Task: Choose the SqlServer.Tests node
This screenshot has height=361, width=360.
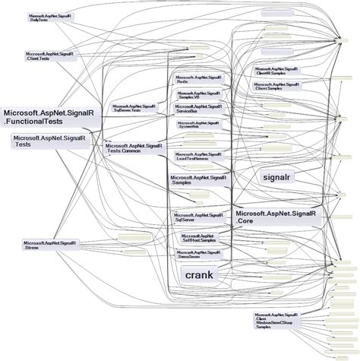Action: click(x=134, y=109)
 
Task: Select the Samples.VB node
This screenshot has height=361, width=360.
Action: click(x=199, y=95)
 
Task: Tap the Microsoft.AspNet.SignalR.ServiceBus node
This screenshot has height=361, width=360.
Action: click(x=199, y=109)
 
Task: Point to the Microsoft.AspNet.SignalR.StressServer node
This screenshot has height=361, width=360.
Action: click(x=199, y=255)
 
